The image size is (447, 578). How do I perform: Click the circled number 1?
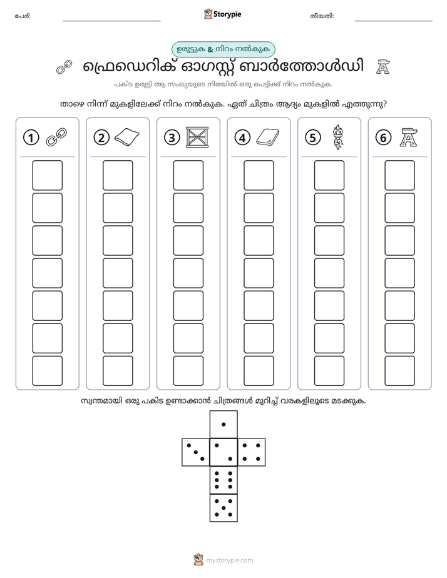(x=31, y=138)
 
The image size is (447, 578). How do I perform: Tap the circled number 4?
(x=242, y=138)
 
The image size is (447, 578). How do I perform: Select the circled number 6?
(x=383, y=138)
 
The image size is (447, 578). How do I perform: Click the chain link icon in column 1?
(x=56, y=137)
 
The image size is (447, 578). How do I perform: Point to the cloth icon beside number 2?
(x=127, y=137)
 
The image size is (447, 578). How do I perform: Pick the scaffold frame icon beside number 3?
(x=197, y=138)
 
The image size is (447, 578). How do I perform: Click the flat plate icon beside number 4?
(x=268, y=138)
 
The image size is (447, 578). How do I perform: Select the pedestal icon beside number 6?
(x=409, y=137)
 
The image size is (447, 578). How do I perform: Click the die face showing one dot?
(x=223, y=425)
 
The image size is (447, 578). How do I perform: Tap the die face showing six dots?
(x=223, y=480)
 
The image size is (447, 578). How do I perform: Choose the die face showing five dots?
(x=223, y=508)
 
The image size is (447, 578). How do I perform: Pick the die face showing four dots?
(x=252, y=452)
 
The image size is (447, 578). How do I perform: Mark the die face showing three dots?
(x=196, y=452)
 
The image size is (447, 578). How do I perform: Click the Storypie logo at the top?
(x=222, y=14)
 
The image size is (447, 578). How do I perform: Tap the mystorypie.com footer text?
(x=229, y=560)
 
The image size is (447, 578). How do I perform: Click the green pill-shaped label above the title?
(x=223, y=49)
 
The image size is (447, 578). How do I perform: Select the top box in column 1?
(x=47, y=175)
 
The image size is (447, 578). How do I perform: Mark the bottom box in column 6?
(x=400, y=371)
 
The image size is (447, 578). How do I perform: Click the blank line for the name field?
(x=111, y=21)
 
